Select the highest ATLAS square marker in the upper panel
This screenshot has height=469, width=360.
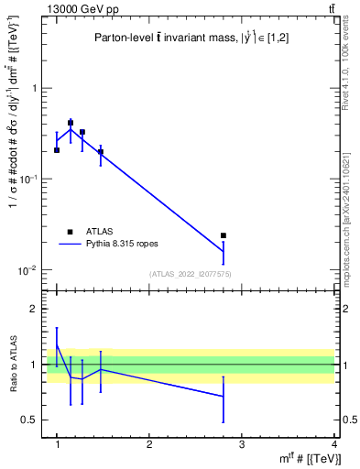coord(71,123)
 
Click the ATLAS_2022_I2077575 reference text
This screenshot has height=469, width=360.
coord(191,274)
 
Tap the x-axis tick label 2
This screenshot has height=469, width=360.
coord(148,443)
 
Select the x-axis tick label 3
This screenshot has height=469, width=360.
coord(241,443)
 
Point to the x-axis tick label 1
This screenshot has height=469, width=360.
coord(57,443)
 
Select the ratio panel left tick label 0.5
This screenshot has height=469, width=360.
coord(32,420)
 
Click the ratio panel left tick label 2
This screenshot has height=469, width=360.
coord(38,310)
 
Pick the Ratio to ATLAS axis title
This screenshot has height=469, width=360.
coord(14,365)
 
